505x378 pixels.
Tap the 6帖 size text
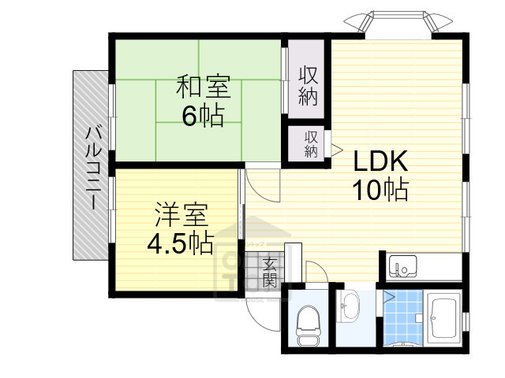203,116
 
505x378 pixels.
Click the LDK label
379,161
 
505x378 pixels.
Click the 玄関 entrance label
270,271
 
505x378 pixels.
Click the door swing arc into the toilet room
314,272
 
